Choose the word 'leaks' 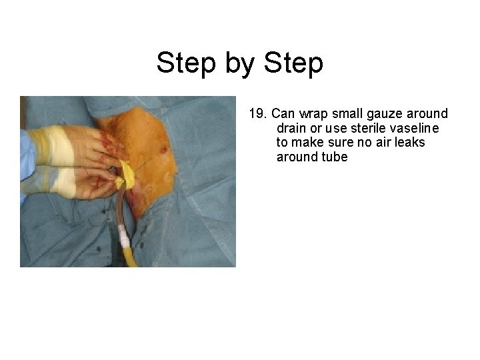coord(410,143)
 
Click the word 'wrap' coord(317,114)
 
